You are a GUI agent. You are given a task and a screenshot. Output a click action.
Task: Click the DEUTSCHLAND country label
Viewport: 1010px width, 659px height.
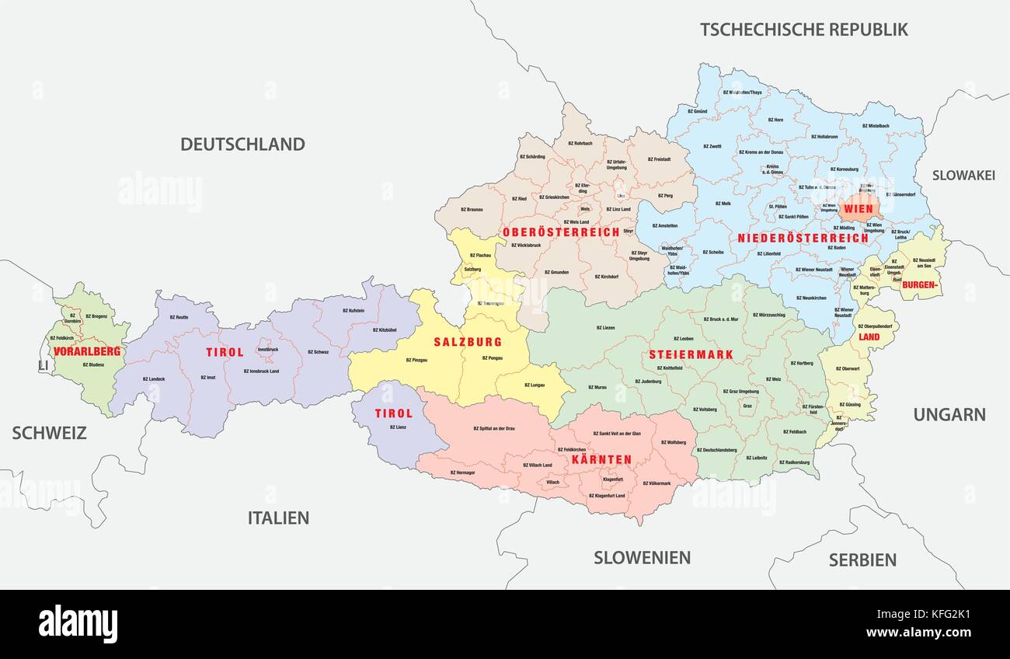tap(242, 144)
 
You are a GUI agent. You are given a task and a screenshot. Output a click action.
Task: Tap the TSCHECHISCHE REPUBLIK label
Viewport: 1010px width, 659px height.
tap(804, 30)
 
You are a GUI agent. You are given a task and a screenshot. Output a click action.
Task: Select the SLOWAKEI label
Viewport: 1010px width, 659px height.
tap(963, 175)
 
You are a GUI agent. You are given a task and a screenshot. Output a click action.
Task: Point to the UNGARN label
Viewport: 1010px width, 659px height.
tap(949, 414)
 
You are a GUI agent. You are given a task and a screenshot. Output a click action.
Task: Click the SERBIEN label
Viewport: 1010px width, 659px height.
tap(862, 560)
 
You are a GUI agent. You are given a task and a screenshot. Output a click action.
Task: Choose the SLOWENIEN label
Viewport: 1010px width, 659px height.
tap(642, 557)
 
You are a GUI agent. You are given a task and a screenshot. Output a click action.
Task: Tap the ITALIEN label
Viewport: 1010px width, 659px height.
tap(278, 518)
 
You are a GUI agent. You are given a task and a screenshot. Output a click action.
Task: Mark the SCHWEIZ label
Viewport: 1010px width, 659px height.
tap(49, 433)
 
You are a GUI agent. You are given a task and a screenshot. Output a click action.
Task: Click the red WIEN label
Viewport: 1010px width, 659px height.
tap(858, 209)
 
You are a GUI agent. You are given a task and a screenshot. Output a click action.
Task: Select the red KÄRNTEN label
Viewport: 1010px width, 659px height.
tap(601, 459)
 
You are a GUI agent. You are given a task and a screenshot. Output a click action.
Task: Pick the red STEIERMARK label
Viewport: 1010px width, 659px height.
tap(691, 354)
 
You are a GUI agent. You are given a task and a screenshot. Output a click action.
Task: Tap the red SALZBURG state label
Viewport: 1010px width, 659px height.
tap(468, 342)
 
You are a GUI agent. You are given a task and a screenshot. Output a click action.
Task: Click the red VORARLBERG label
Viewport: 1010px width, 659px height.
tap(87, 351)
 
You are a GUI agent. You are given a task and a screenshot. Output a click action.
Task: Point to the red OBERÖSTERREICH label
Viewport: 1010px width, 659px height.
tap(561, 232)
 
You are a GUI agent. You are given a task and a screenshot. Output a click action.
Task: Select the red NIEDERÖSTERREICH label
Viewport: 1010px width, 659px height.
tap(803, 238)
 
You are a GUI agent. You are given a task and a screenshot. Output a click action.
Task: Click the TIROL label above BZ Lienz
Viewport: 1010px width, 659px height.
tap(394, 413)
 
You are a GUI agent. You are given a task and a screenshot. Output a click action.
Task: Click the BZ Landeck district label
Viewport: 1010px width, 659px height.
tap(154, 379)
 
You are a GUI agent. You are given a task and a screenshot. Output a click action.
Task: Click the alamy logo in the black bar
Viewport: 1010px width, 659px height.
tap(78, 624)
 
